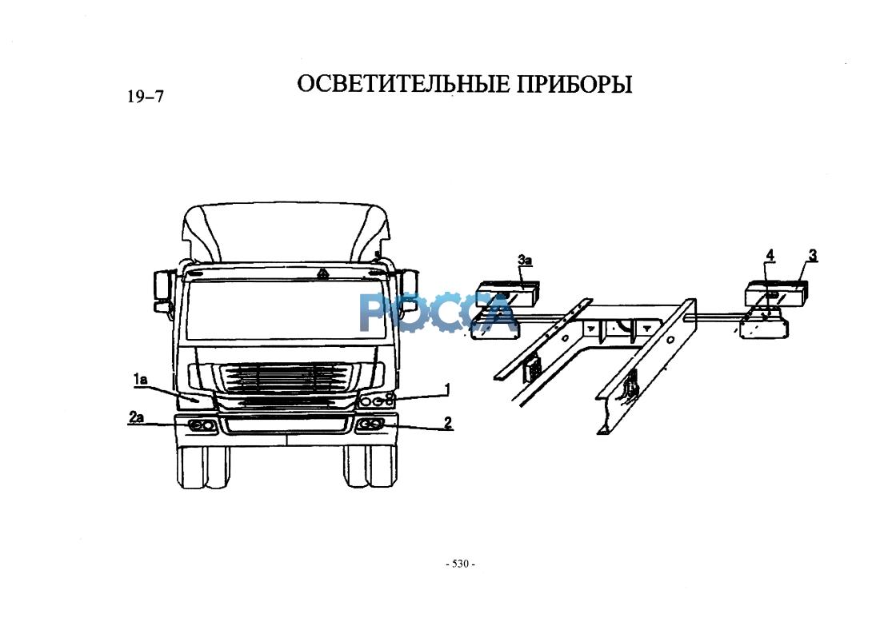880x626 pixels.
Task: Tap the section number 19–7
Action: pos(146,97)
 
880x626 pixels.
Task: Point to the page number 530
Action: pos(460,564)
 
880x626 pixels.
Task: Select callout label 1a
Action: pos(140,380)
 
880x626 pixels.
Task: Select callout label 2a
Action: pos(136,417)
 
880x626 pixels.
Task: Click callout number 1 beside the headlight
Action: pos(447,389)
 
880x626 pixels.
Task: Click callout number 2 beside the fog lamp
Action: pos(447,422)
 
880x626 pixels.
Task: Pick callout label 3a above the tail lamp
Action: pos(525,261)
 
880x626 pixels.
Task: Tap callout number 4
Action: pos(770,256)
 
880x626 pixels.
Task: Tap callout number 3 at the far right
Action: pos(813,255)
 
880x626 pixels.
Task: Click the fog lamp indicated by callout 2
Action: pos(370,425)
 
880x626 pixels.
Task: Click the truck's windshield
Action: pos(290,309)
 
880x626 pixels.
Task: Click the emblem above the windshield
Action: pos(323,273)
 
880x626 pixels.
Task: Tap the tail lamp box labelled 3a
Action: pos(506,293)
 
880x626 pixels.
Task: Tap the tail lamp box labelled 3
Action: pos(777,293)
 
